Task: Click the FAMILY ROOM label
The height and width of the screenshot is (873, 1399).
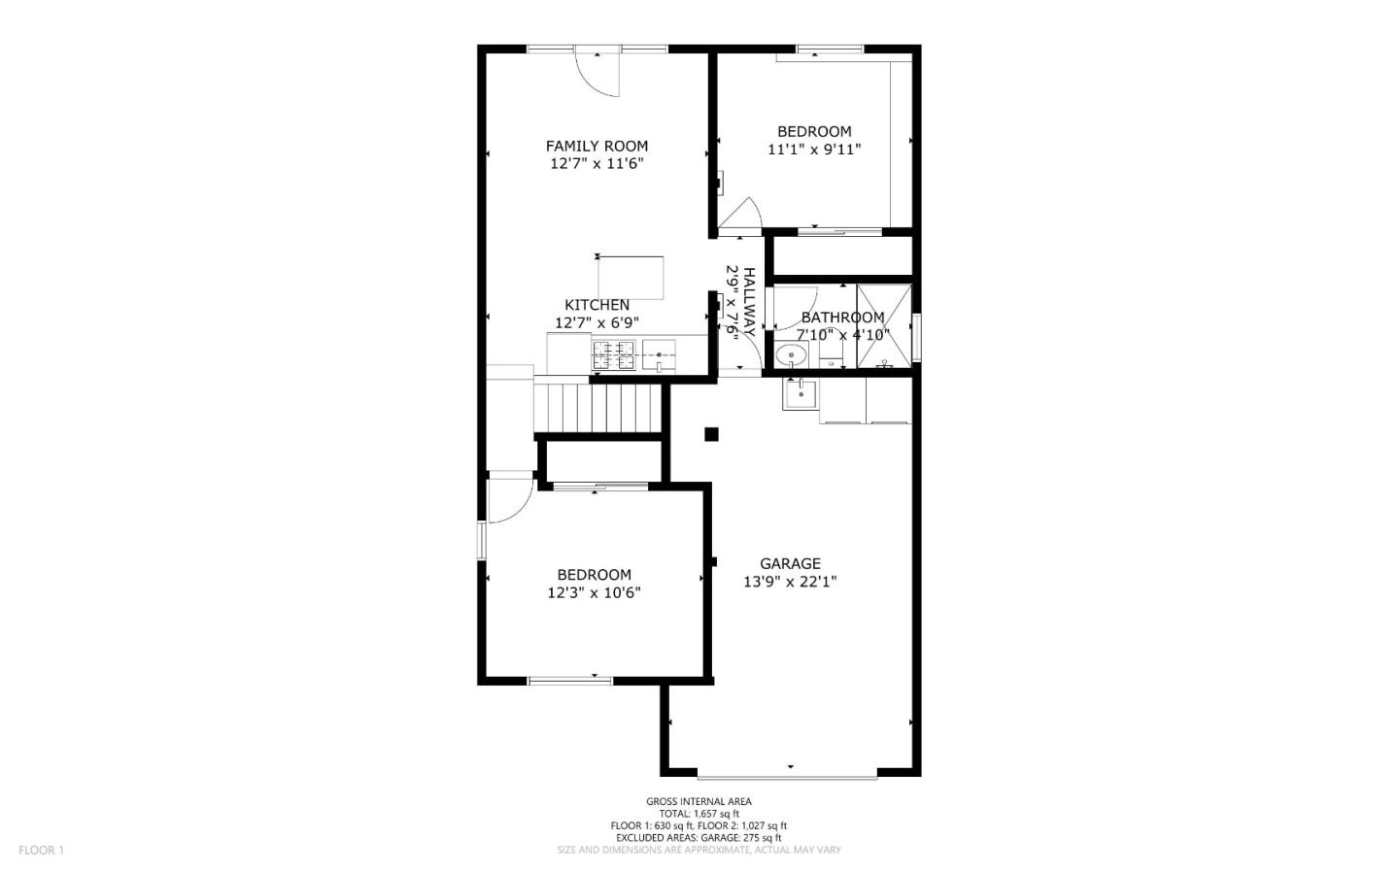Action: click(597, 147)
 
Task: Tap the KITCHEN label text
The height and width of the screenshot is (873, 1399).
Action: click(597, 305)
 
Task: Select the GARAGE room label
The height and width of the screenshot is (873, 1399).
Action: click(790, 563)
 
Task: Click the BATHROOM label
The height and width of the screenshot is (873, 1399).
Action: click(842, 318)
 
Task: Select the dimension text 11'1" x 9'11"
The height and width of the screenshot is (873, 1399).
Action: click(814, 150)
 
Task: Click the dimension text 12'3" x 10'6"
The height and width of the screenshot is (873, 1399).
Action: click(594, 592)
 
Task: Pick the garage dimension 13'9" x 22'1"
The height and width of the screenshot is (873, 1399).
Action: click(790, 582)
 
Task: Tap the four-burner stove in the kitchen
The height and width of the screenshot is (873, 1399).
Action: click(613, 355)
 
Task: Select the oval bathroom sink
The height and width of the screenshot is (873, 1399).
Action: click(792, 356)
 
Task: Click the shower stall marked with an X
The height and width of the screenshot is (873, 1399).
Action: click(884, 326)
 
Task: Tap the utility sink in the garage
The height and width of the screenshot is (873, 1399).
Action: click(800, 393)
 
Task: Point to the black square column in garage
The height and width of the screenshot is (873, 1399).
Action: click(711, 434)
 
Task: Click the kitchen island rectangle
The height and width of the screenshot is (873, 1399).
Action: click(631, 278)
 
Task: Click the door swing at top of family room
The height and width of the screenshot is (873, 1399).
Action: click(598, 73)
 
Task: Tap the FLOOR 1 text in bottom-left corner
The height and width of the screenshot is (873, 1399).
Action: click(41, 851)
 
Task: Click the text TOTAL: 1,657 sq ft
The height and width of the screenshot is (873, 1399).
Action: click(699, 814)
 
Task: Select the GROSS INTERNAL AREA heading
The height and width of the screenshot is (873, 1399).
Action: click(699, 801)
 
